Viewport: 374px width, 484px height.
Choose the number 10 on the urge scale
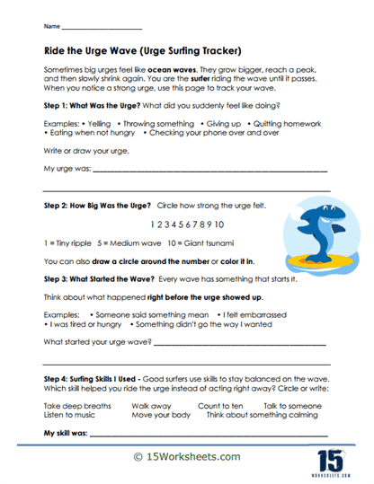pos(218,224)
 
